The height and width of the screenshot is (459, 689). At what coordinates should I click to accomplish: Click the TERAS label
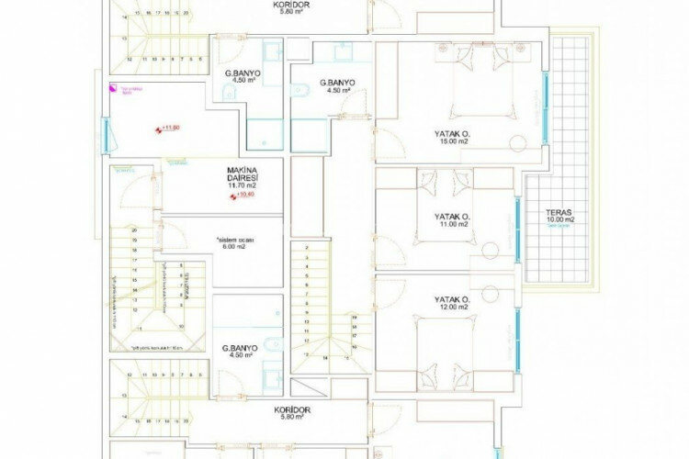coord(558,211)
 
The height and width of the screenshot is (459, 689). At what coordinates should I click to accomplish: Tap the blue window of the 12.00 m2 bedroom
coord(515,335)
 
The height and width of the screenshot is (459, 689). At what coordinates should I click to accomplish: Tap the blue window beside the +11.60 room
coord(107,136)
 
